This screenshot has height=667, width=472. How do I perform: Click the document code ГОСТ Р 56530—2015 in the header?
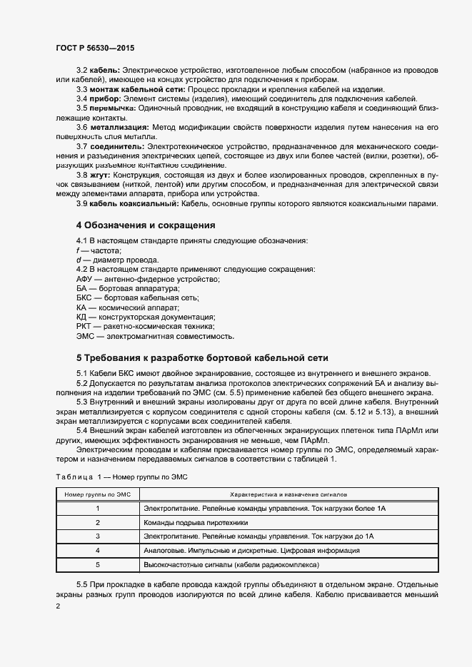click(x=94, y=48)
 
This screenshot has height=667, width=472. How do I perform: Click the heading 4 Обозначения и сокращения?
click(x=146, y=225)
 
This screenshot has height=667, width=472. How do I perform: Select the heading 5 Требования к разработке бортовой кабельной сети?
click(x=202, y=357)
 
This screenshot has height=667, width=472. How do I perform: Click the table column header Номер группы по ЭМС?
click(x=97, y=494)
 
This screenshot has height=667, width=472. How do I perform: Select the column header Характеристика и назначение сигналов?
click(x=288, y=494)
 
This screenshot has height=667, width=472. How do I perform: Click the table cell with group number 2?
click(x=97, y=522)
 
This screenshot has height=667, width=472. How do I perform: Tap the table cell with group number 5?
click(x=97, y=564)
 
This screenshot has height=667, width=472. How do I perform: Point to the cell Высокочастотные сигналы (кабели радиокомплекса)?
click(x=231, y=564)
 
